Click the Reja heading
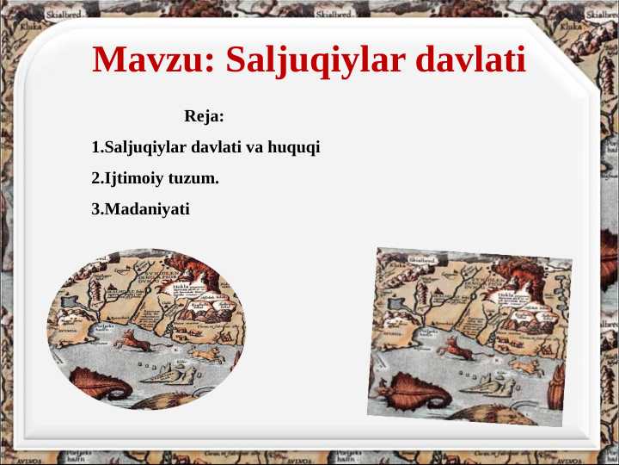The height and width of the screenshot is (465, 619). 204,115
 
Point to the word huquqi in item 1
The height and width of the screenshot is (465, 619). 294,148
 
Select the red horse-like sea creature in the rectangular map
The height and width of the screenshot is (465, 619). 457,348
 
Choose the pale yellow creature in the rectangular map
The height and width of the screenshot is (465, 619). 524,362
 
